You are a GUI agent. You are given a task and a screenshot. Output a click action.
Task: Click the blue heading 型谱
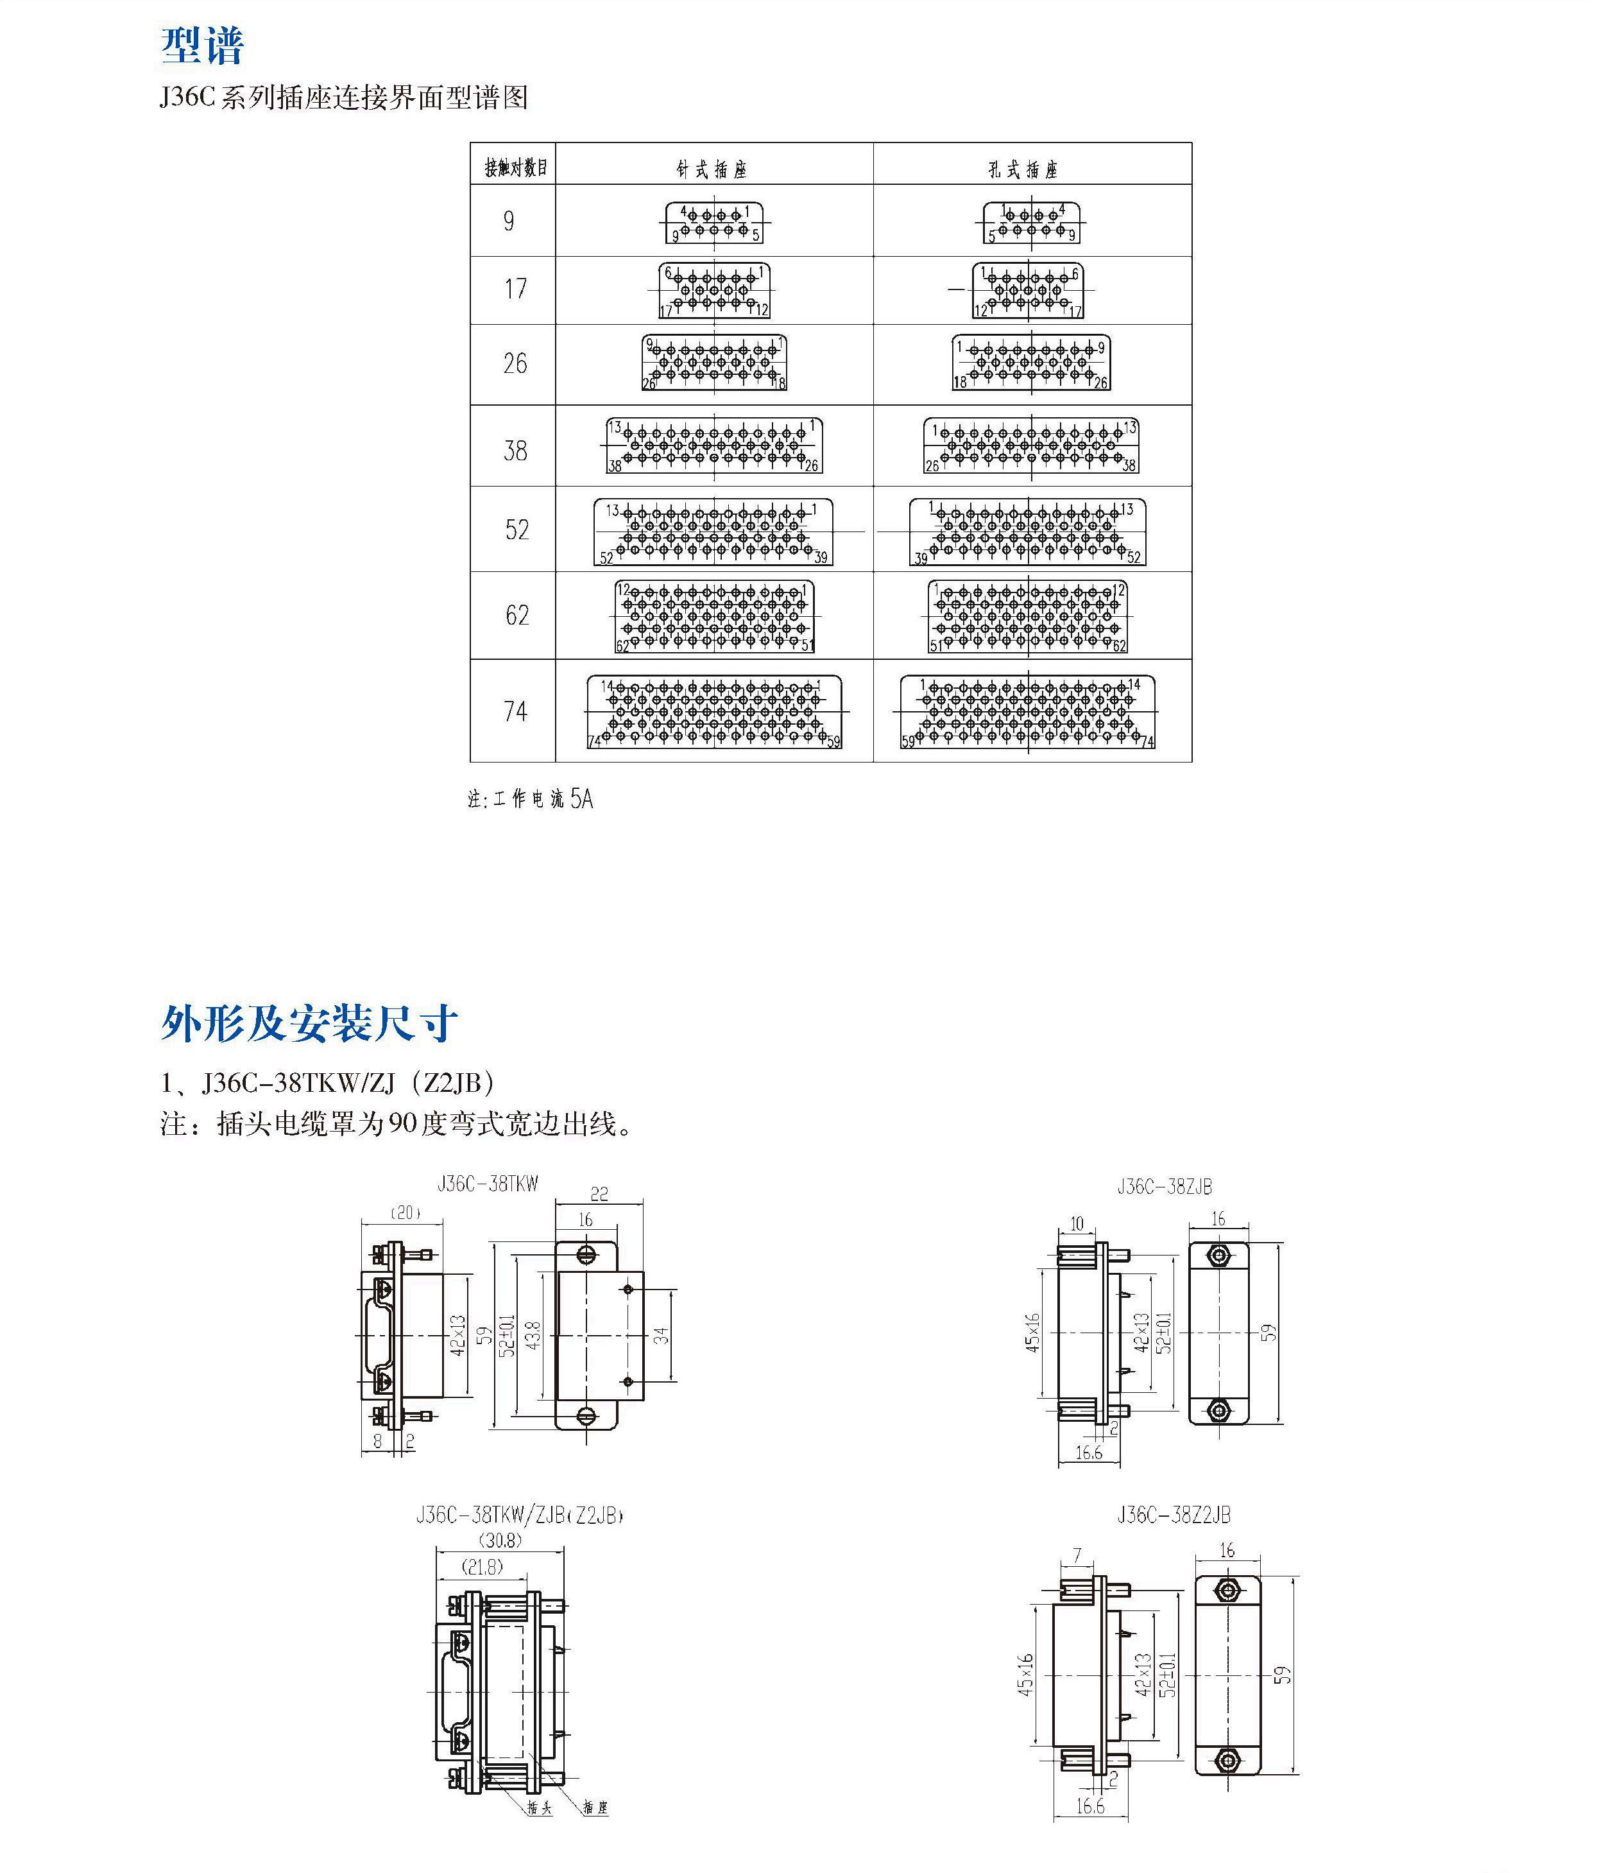203,45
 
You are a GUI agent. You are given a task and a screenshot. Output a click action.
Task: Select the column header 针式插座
712,169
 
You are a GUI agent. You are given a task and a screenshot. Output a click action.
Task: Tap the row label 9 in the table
509,221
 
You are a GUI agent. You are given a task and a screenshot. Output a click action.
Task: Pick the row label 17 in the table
515,289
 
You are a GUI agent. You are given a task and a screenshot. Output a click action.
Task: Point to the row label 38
515,449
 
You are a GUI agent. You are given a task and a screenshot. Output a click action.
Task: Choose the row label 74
515,711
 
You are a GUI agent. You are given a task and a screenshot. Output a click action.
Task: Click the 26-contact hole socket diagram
1031,363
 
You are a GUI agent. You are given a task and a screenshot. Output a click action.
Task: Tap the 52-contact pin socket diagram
713,532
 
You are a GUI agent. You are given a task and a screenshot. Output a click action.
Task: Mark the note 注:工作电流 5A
531,799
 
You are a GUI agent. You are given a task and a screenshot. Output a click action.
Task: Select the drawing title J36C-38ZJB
1164,1187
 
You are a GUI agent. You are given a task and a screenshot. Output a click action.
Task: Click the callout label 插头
540,1807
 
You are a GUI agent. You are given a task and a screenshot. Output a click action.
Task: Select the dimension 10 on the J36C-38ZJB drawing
1077,1224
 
